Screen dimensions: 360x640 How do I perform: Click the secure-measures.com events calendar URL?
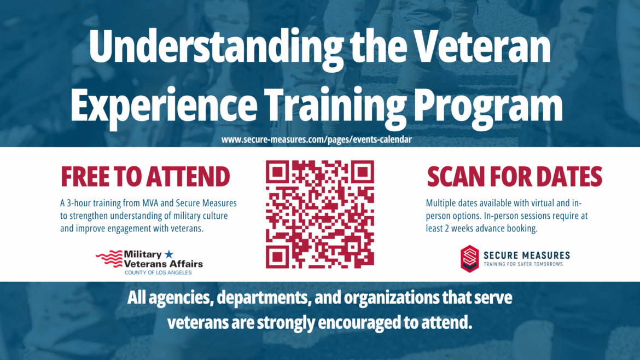point(316,140)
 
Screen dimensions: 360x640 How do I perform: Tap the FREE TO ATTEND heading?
point(145,177)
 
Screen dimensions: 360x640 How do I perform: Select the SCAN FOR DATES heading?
point(514,177)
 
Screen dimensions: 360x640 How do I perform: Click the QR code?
point(320,214)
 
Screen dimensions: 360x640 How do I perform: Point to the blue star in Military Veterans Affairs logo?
point(168,254)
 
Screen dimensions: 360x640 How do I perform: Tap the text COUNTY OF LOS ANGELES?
point(158,272)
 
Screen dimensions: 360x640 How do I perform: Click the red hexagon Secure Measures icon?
point(469,258)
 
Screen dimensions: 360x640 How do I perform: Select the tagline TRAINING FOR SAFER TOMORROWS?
point(523,264)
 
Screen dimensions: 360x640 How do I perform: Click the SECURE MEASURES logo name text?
point(526,255)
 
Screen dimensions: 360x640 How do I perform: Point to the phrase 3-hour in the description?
point(80,204)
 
